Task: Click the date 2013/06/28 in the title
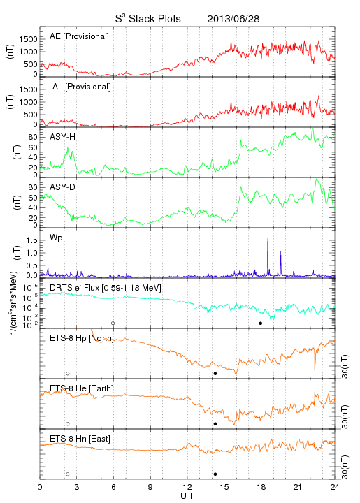pos(233,19)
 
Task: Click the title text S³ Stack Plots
pos(148,18)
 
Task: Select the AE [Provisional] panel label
pos(79,36)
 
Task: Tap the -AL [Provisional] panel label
pos(80,87)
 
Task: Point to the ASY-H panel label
pos(62,137)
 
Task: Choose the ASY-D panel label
pos(62,187)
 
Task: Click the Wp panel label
pos(56,238)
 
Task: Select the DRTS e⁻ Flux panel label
pos(106,288)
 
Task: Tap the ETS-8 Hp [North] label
pos(82,338)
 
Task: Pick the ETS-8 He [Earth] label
pos(82,388)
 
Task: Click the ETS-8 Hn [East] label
pos(80,439)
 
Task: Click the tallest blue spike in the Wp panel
pos(268,256)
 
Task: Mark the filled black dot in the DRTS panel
pos(261,323)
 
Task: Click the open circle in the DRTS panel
pos(113,323)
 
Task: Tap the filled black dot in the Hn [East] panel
pos(215,474)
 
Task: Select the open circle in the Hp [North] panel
pos(68,374)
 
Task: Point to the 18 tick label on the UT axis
pos(261,487)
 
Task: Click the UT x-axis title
pos(187,496)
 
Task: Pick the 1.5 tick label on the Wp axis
pos(32,240)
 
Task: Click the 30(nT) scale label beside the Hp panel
pos(345,367)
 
